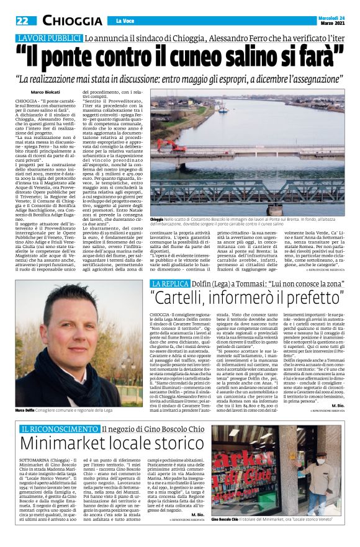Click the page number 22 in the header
pos(21,20)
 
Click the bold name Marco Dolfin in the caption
pos(26,393)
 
